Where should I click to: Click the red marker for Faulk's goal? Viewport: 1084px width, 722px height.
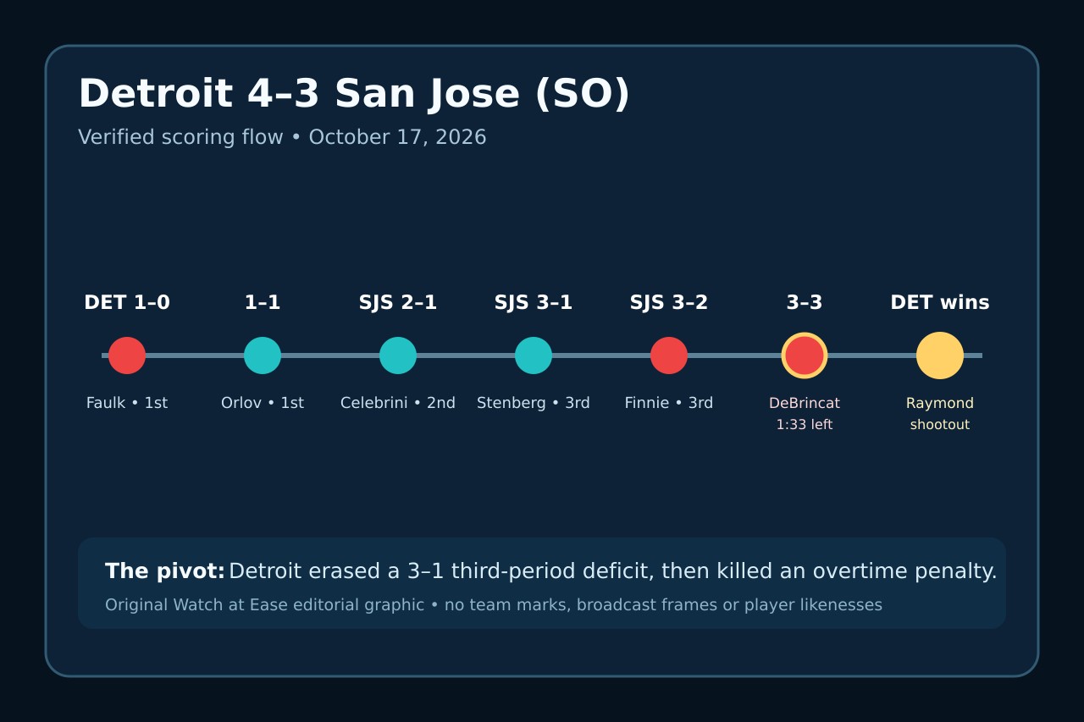pyautogui.click(x=127, y=355)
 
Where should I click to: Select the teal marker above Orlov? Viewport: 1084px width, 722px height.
pyautogui.click(x=263, y=355)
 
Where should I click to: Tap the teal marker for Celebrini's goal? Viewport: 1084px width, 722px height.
pyautogui.click(x=398, y=355)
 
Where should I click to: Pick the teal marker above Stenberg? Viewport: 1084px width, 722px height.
pyautogui.click(x=534, y=355)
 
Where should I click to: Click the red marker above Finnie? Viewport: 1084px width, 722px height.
pyautogui.click(x=669, y=355)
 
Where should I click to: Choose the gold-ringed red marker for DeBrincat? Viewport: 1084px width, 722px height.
pyautogui.click(x=805, y=355)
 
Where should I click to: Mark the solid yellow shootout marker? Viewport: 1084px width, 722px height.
pyautogui.click(x=940, y=355)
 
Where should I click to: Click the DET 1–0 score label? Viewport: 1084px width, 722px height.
pyautogui.click(x=127, y=302)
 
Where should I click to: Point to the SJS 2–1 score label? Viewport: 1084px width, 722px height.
pyautogui.click(x=398, y=302)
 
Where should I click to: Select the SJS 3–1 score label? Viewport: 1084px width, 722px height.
pyautogui.click(x=534, y=302)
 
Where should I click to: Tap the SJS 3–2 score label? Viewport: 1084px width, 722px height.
pyautogui.click(x=669, y=302)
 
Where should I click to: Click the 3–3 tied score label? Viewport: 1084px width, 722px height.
pyautogui.click(x=805, y=302)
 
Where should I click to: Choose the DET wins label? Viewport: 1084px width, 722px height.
pyautogui.click(x=940, y=302)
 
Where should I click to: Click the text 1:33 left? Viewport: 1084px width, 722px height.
pyautogui.click(x=805, y=425)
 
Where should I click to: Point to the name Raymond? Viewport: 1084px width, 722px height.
pyautogui.click(x=940, y=403)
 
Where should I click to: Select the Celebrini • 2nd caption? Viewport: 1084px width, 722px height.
pyautogui.click(x=398, y=403)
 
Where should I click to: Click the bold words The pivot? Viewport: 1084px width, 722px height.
pyautogui.click(x=165, y=571)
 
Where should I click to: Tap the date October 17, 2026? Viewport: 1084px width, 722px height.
pyautogui.click(x=397, y=137)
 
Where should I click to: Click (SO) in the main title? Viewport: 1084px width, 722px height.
pyautogui.click(x=582, y=94)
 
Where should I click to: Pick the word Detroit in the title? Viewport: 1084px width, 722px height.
pyautogui.click(x=156, y=93)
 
